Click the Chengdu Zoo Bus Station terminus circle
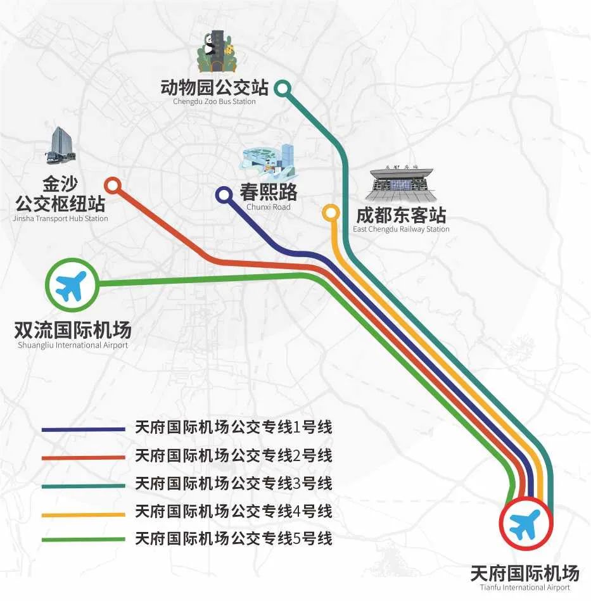[x=283, y=89]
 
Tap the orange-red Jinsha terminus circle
[x=113, y=186]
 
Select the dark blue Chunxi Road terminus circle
[x=224, y=195]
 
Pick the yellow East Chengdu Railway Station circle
[x=331, y=213]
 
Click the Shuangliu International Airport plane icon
[x=72, y=285]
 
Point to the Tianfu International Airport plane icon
[x=526, y=524]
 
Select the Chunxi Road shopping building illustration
[x=269, y=162]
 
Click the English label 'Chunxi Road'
[x=269, y=207]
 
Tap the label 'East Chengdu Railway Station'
[x=401, y=229]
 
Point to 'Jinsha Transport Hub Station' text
[x=60, y=218]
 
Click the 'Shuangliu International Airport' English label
[x=73, y=345]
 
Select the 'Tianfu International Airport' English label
[x=524, y=587]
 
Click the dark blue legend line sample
[x=84, y=429]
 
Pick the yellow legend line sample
[x=84, y=515]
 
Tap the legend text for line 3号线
[x=233, y=483]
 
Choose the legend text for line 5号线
[x=233, y=538]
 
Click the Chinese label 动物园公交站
[x=215, y=87]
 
